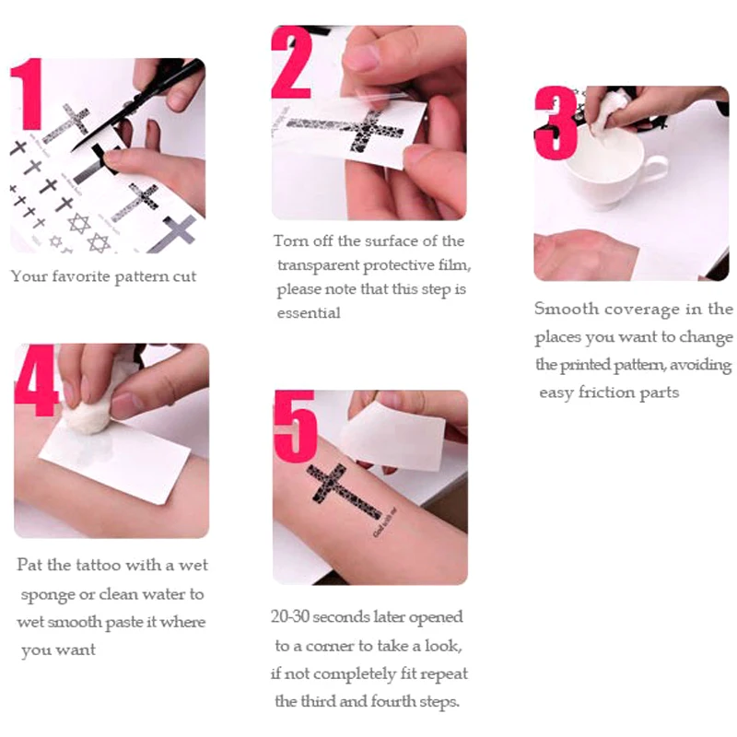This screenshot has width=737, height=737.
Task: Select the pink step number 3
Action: tap(556, 123)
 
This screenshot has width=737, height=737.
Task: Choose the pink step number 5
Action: tap(296, 427)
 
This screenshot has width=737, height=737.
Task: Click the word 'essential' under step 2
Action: tap(309, 312)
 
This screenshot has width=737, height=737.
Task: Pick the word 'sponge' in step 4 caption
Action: tap(47, 595)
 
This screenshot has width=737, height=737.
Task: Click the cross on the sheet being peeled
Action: tap(347, 128)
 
